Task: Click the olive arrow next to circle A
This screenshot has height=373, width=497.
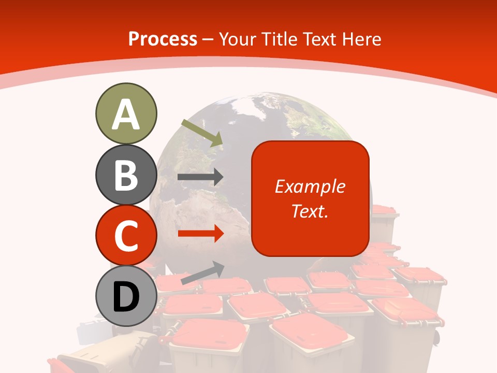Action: coord(202,132)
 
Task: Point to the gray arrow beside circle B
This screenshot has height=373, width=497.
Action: coord(200,177)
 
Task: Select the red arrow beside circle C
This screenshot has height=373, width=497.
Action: coord(200,234)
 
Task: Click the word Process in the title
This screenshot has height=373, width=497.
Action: coord(163,39)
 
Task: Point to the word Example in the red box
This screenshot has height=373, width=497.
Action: coord(310,187)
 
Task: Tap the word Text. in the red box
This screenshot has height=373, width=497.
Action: coord(310,211)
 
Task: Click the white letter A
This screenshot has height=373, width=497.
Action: coord(126,114)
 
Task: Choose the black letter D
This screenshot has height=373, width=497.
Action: coord(126,296)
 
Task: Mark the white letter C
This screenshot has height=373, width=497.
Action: coord(126,236)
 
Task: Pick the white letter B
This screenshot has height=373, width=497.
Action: coord(126,175)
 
